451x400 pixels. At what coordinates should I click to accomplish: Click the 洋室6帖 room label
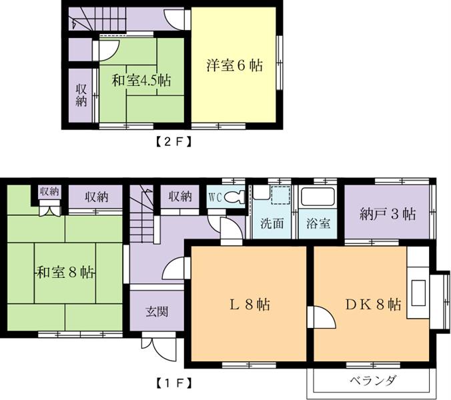click(234, 65)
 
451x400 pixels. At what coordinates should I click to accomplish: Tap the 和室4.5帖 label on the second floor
click(141, 81)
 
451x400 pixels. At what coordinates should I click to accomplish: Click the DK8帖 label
click(373, 305)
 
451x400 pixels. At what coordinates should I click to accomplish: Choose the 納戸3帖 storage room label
click(388, 214)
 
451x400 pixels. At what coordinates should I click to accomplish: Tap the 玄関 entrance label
click(157, 311)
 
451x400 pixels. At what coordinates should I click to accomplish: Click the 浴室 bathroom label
click(318, 223)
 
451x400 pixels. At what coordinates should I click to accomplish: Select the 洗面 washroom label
click(272, 223)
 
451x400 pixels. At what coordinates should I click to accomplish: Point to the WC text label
click(215, 197)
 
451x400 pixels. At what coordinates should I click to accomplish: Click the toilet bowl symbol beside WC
click(234, 197)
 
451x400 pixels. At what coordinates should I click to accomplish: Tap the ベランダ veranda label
click(373, 381)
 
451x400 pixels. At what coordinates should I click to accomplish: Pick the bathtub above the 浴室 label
click(318, 198)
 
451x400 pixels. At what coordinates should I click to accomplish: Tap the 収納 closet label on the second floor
click(81, 95)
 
